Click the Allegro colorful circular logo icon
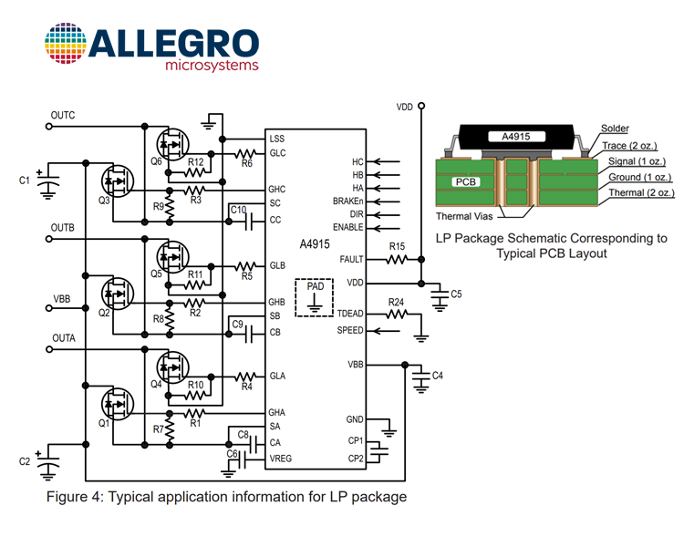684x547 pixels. point(66,44)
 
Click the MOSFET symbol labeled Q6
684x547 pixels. point(172,144)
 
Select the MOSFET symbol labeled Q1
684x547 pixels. point(118,405)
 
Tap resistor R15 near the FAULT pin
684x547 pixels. point(397,260)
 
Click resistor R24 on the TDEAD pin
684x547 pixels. point(397,314)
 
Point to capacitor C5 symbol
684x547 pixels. point(440,294)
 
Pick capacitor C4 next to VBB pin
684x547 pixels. point(421,377)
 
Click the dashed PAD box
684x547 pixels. point(314,297)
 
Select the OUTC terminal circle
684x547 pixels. point(49,127)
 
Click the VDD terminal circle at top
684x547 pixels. point(421,106)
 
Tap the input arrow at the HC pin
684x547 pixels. point(387,162)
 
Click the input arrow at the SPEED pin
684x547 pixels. point(387,331)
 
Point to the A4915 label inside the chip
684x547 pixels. point(315,244)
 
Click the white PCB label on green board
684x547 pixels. point(465,182)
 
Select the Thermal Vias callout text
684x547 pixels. point(464,216)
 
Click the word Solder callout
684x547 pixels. point(615,129)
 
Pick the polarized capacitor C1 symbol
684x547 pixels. point(48,183)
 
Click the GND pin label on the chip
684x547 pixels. point(354,419)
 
